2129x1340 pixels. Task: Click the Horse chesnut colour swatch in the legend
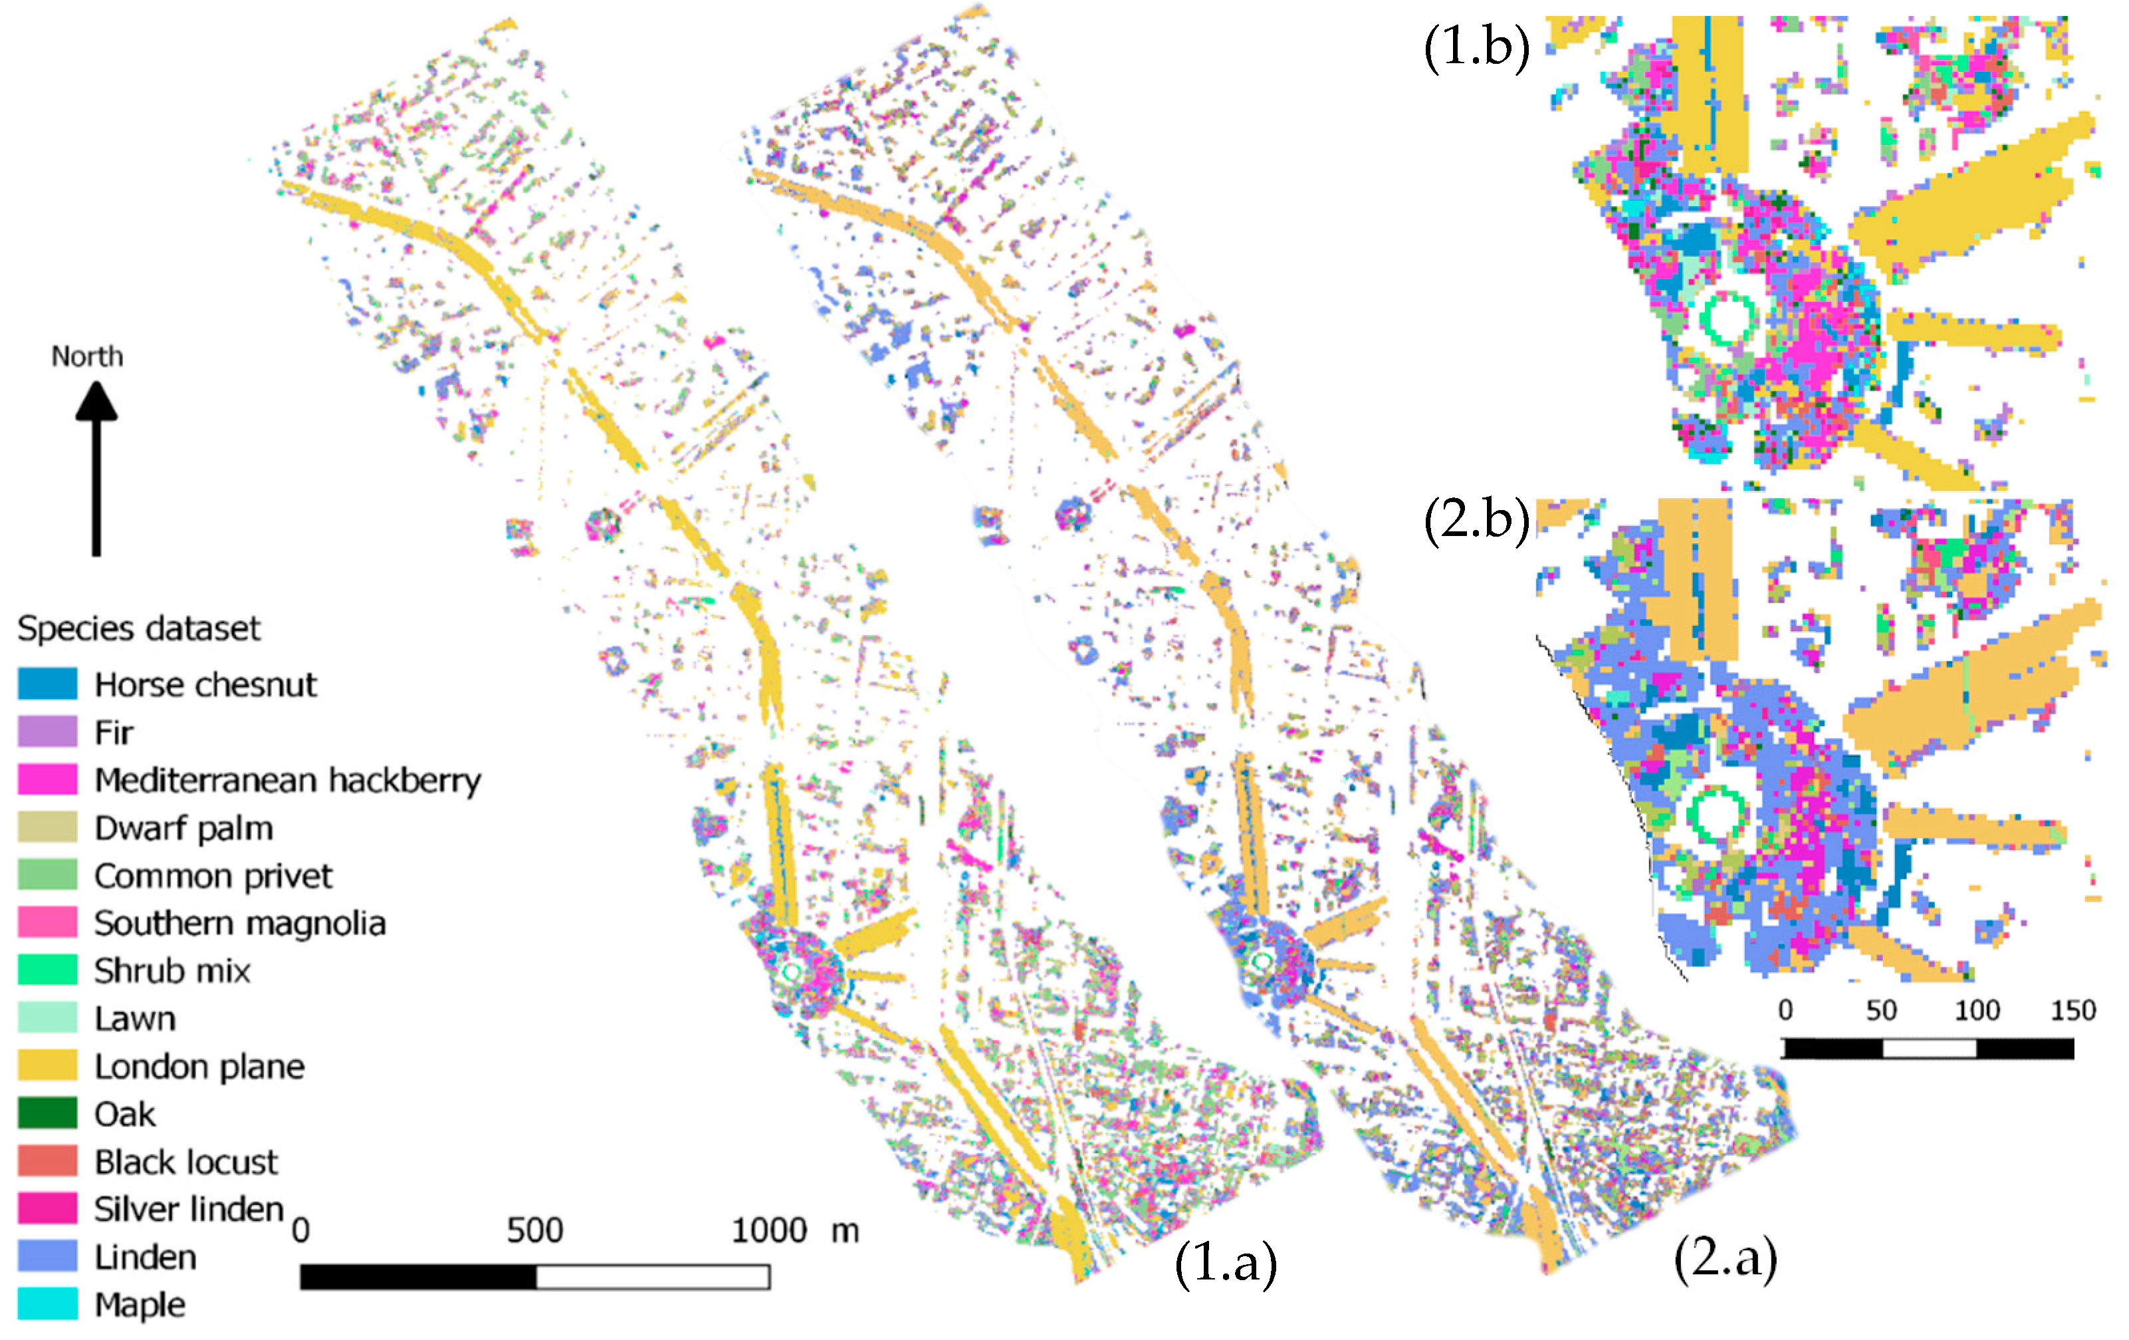[47, 684]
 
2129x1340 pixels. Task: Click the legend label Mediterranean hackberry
[287, 779]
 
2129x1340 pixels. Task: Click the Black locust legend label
[185, 1161]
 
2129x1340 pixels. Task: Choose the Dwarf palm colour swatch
[47, 827]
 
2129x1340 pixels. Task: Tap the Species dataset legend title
[138, 628]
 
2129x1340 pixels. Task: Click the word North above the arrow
[86, 356]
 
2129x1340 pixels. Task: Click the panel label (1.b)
[1476, 46]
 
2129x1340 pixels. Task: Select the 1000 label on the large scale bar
[769, 1230]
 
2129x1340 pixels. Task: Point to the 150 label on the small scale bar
[2073, 1010]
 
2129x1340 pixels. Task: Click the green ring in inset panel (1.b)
[1728, 319]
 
